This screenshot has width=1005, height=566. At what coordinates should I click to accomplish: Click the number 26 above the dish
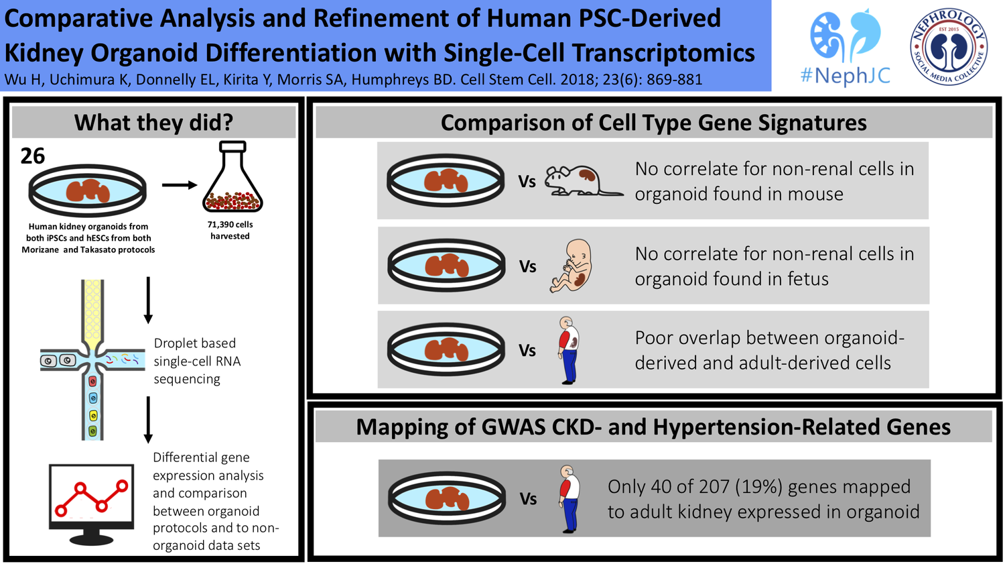click(x=33, y=156)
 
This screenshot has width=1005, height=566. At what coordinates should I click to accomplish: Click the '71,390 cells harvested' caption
click(x=230, y=230)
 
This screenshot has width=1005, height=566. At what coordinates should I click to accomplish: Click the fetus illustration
click(x=572, y=266)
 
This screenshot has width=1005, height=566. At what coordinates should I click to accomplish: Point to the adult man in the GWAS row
click(x=568, y=499)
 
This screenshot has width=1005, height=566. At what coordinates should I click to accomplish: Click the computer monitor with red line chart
click(x=91, y=503)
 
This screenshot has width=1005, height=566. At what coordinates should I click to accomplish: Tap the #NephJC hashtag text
click(x=845, y=75)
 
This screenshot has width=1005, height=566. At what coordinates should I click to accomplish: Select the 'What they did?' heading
click(x=153, y=123)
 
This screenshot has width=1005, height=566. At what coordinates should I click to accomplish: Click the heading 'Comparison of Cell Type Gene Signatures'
click(x=653, y=123)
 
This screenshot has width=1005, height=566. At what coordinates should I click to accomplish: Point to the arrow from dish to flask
click(x=179, y=185)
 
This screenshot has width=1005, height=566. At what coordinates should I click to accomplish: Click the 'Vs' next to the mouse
click(x=527, y=182)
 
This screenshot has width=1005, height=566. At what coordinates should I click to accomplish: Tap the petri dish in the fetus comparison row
click(x=446, y=266)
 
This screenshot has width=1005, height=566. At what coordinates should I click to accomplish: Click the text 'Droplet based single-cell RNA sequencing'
click(x=196, y=361)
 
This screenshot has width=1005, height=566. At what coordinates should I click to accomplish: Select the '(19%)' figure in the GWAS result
click(x=759, y=487)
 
